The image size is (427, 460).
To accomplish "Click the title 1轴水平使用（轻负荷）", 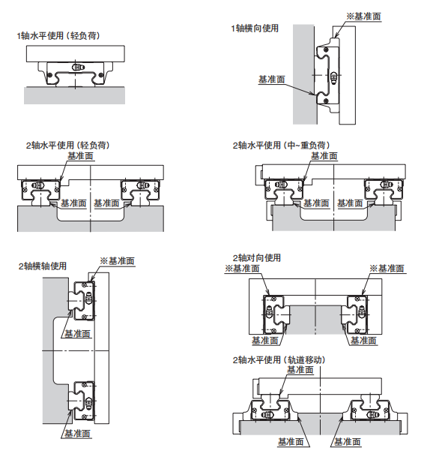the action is pos(58,36).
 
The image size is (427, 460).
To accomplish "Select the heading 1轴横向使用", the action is pos(255,29).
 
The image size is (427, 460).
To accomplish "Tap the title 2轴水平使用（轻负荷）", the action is pos(68,146).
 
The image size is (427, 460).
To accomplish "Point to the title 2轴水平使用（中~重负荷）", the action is pos(282,146).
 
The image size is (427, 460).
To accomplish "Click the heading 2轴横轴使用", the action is pos(43,266).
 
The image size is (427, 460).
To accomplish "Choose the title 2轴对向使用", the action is pos(257,258).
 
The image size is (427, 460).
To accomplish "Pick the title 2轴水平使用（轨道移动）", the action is pos(279,359).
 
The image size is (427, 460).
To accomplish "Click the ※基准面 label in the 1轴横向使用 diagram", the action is pos(364,17).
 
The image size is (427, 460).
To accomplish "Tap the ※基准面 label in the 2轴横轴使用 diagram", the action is pos(117,261).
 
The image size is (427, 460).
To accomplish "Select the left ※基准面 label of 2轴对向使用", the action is pos(242,269).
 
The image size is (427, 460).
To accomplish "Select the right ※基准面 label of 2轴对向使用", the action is pos(387,269).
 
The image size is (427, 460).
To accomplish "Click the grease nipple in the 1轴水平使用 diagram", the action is pos(78,68).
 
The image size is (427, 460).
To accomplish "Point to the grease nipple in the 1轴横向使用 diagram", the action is pos(333,77).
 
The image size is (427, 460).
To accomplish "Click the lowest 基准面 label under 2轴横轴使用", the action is pos(77,433).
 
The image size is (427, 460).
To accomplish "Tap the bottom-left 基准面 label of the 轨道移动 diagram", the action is pos(291,442).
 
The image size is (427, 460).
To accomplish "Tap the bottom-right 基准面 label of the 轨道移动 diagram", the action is pos(348,442).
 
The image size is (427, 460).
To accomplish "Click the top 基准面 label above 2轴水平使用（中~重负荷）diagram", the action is pos(324,156).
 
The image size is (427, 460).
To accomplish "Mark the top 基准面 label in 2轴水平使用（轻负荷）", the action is pos(80,156).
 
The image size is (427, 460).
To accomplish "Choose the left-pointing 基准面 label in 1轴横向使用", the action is pos(271,80).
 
